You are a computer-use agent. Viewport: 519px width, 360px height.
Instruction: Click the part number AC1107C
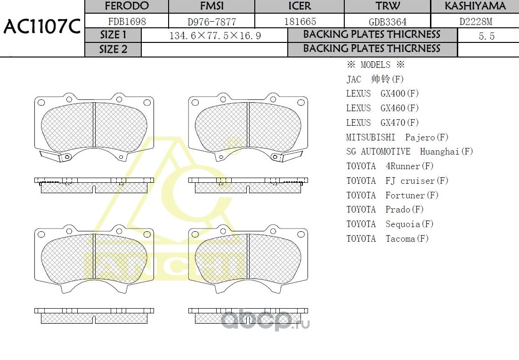[42, 26]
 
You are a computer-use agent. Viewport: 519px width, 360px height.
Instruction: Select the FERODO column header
[127, 6]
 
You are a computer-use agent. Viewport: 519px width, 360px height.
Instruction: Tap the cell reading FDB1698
[127, 22]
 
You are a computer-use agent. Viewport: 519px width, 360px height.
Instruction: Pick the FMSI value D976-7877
[212, 22]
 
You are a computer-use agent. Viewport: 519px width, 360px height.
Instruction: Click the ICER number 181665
[300, 22]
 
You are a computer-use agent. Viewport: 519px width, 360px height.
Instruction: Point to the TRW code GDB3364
[388, 22]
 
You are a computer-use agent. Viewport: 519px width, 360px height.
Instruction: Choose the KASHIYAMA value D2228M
[476, 22]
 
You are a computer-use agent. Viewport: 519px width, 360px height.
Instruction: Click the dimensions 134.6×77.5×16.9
[215, 36]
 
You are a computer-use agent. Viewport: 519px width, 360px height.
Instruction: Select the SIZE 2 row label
[113, 49]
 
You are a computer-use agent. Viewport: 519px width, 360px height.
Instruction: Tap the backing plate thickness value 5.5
[487, 36]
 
